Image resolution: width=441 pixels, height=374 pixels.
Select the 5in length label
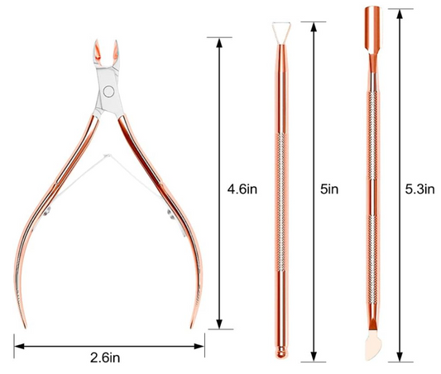328,189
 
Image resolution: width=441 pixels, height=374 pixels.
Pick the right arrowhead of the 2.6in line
201,340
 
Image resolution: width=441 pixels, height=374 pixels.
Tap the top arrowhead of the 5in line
313,18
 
